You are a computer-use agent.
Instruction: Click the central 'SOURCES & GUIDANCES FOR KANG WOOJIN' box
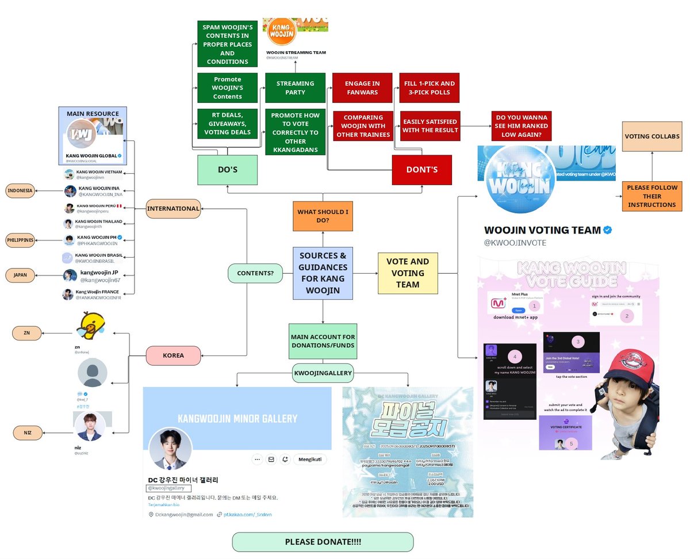pos(323,273)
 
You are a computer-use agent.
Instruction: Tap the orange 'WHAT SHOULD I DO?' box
pos(323,216)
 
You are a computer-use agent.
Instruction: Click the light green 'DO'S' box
pos(227,170)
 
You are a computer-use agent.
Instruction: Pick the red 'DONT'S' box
pos(422,170)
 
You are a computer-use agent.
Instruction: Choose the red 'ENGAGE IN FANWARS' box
pos(362,88)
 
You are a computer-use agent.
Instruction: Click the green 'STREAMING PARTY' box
pos(295,88)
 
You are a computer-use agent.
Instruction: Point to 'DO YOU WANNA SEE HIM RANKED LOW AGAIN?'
pos(521,126)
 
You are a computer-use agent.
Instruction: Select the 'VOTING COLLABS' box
pos(651,137)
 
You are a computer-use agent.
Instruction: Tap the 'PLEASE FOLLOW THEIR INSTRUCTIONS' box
pos(651,196)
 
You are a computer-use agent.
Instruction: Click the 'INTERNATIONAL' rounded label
pos(173,208)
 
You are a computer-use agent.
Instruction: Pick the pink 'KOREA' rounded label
pos(173,355)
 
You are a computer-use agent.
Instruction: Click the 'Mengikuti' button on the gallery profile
pos(310,460)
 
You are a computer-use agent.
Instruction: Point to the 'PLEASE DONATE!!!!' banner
pos(323,542)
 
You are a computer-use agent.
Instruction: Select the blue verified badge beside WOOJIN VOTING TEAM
pos(607,230)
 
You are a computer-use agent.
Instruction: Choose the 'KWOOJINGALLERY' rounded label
pos(323,373)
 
